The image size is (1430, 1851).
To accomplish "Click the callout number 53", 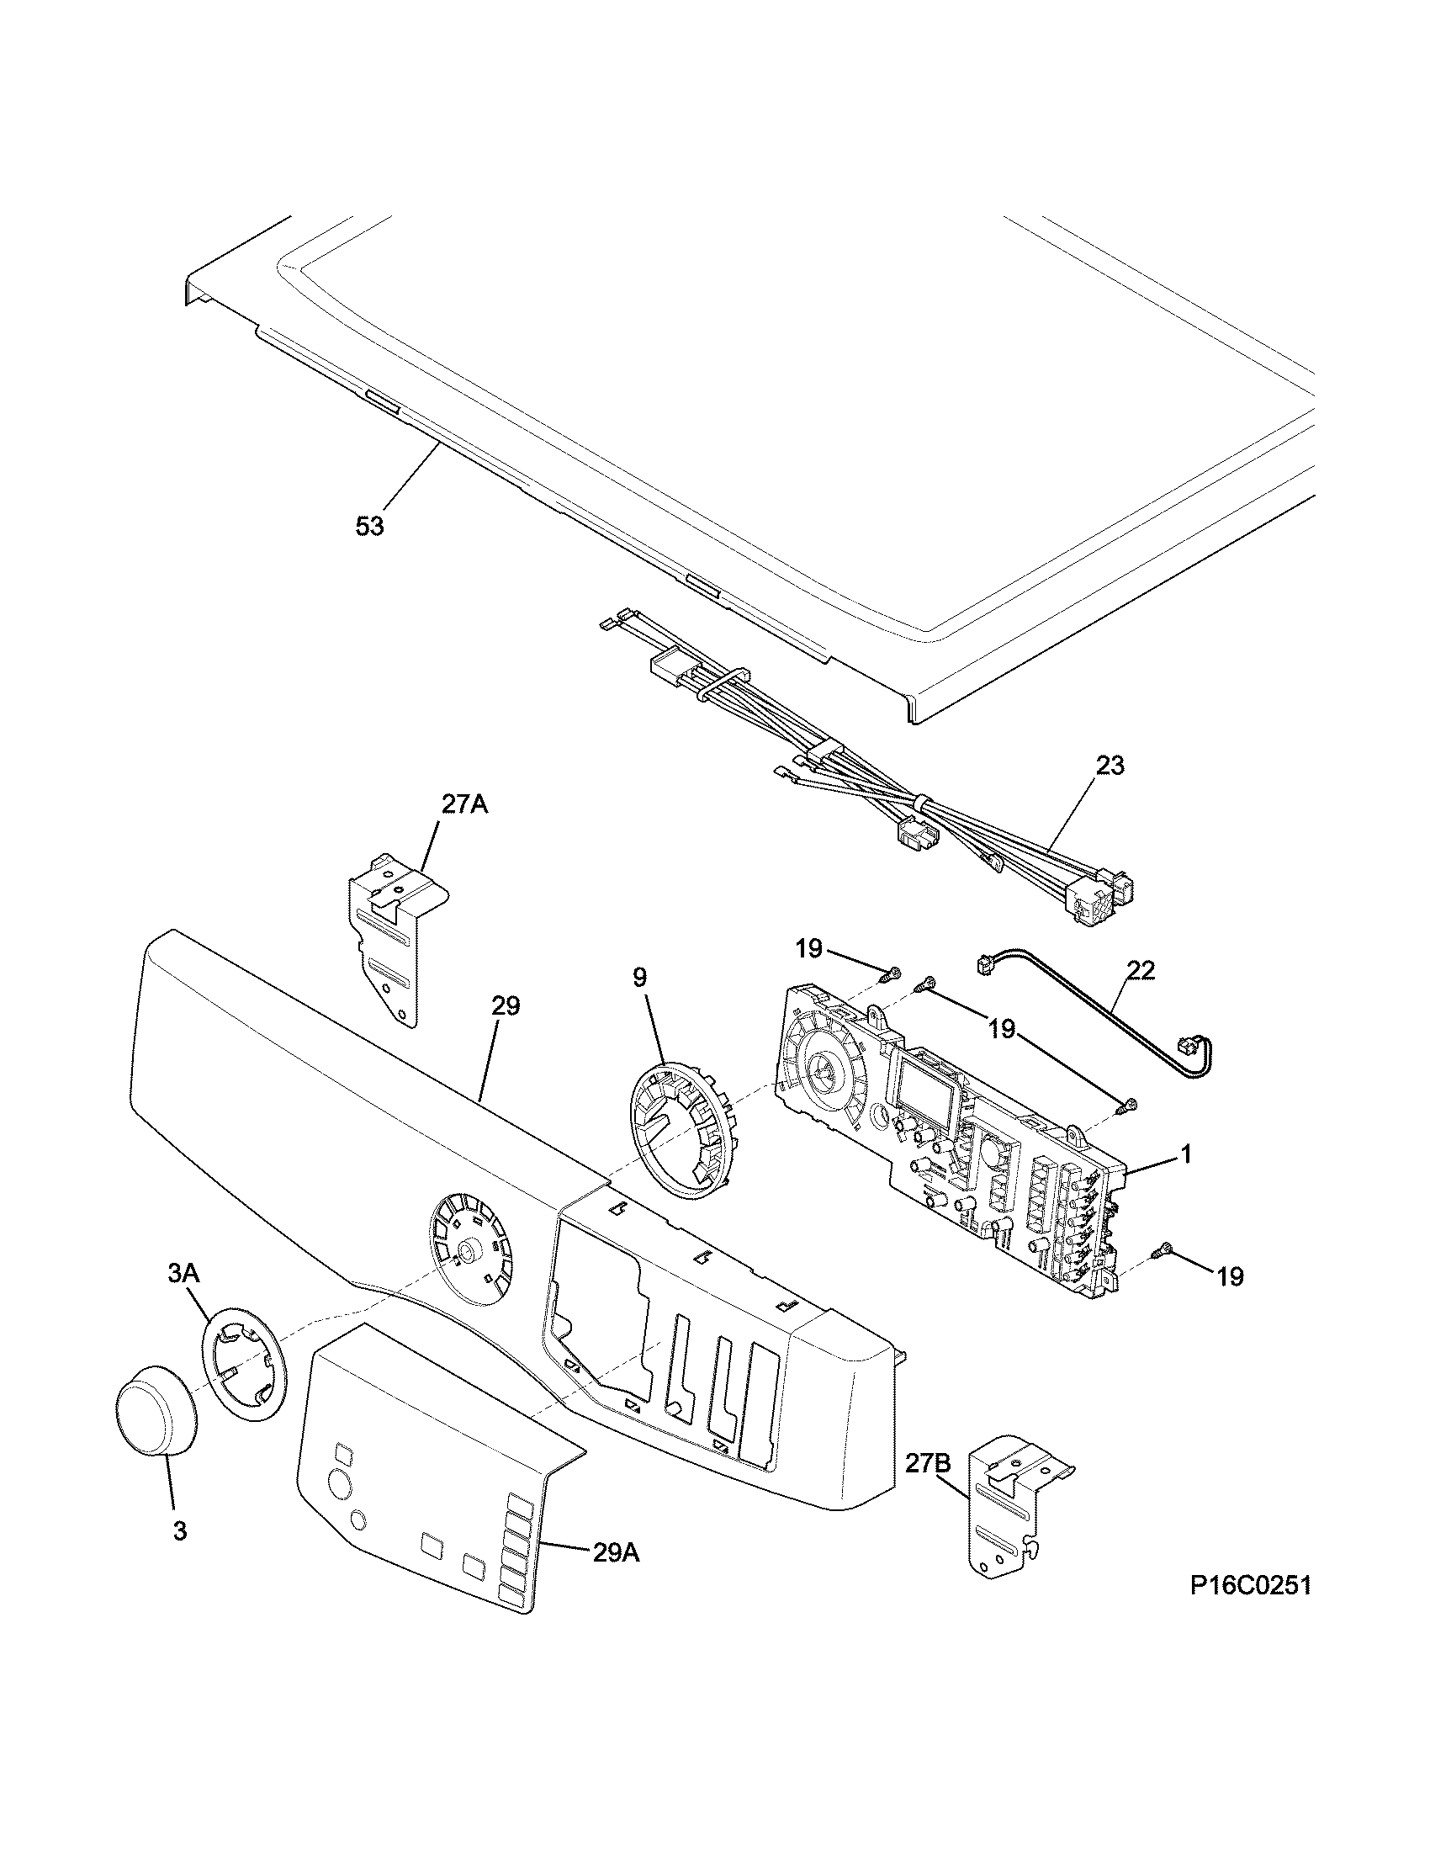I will [x=369, y=527].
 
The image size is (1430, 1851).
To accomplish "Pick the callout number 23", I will [x=1110, y=766].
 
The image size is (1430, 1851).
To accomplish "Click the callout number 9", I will [x=639, y=977].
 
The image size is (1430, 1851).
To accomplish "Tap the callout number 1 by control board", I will [x=1186, y=1156].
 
